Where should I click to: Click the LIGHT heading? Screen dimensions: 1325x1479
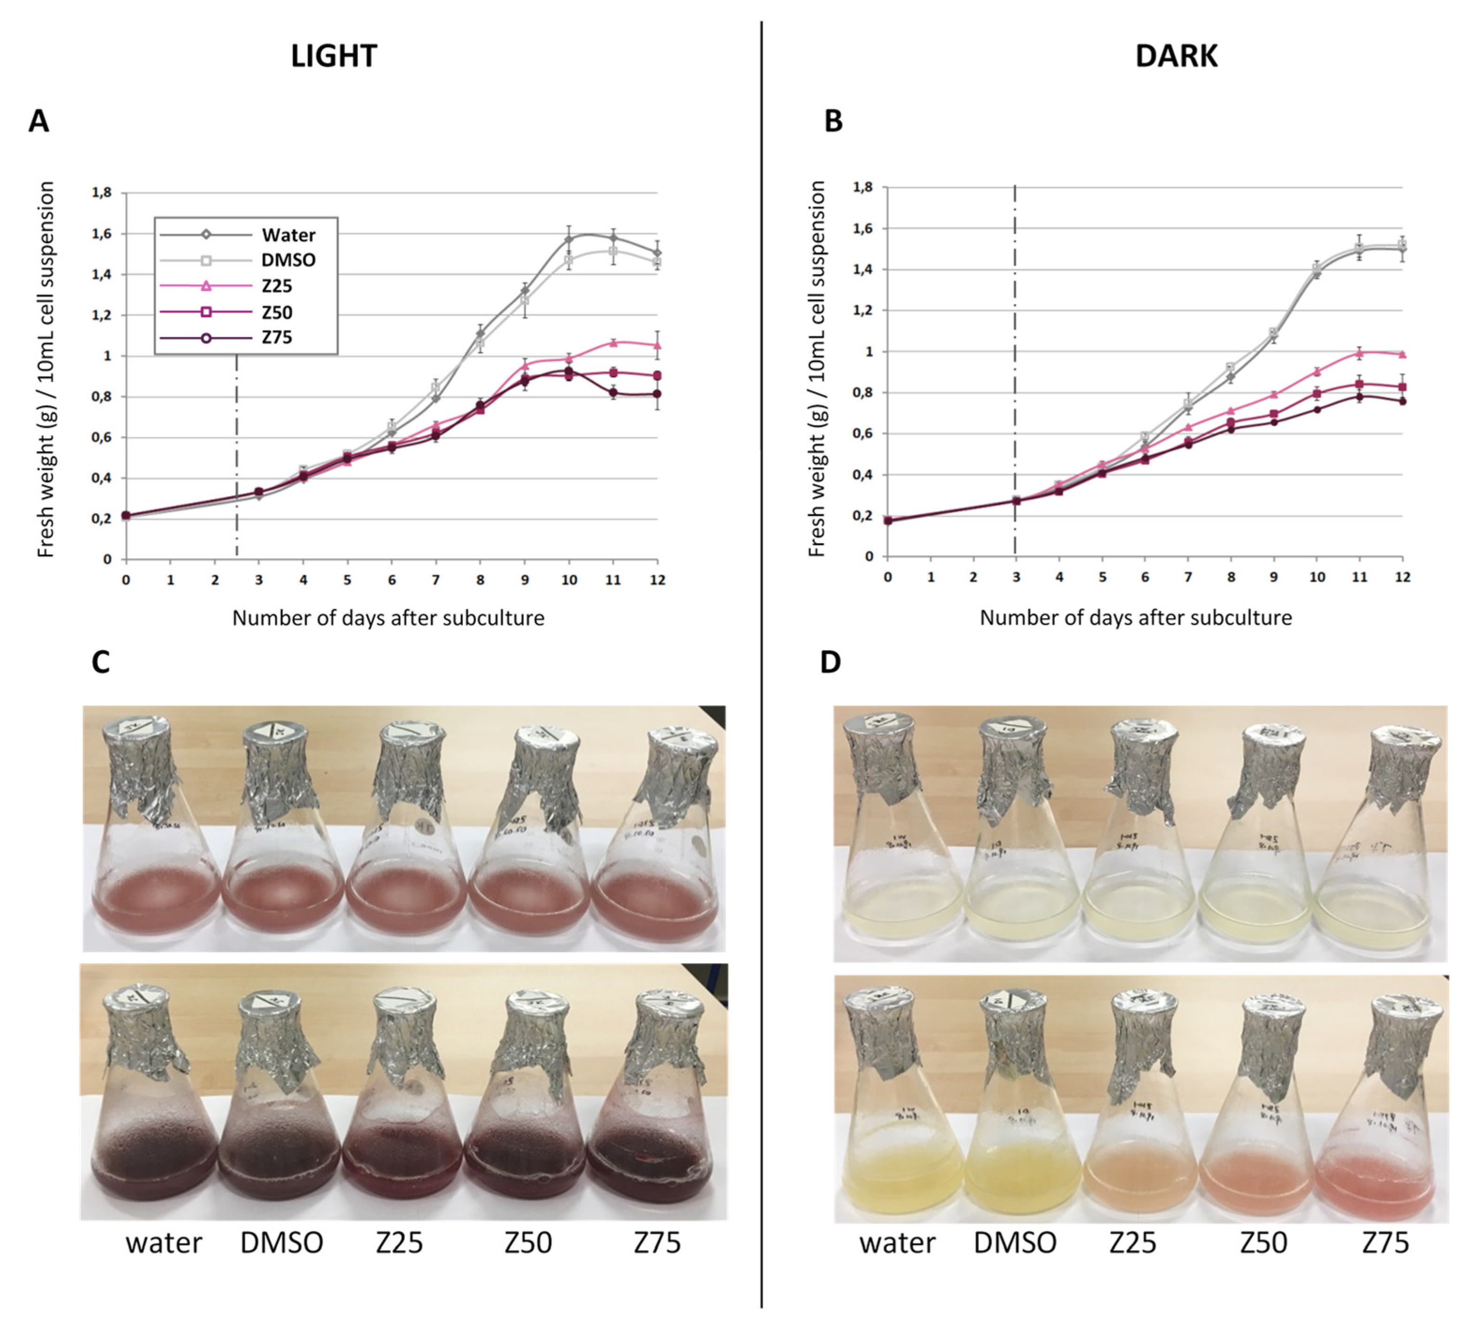[333, 56]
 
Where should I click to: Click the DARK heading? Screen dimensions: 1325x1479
[1176, 56]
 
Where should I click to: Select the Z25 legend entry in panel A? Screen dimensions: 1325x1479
[277, 286]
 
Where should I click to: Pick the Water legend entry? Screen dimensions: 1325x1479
[288, 235]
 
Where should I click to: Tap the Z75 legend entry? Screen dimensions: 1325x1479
[277, 338]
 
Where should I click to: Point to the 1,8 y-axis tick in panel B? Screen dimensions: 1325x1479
[862, 187]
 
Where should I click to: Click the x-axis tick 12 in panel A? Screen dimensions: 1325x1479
[657, 580]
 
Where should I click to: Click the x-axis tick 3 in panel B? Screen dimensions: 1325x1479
[1016, 577]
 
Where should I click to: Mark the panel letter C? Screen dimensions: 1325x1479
[100, 662]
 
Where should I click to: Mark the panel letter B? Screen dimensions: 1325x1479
[833, 121]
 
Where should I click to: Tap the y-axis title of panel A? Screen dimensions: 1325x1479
[46, 370]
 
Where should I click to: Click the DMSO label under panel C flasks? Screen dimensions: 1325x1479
[282, 1243]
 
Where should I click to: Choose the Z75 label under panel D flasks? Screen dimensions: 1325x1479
[1385, 1243]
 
